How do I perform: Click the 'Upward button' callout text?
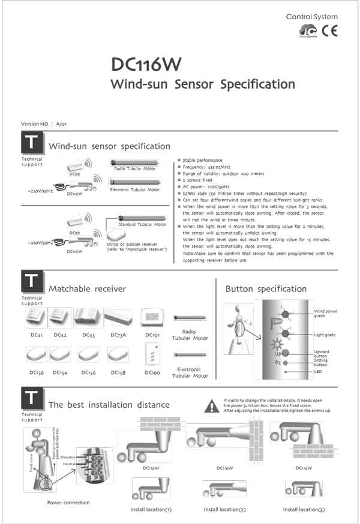pos(322,353)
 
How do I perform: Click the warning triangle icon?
pos(211,406)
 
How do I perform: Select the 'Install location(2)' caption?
pos(224,509)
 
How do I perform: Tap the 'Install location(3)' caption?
pos(304,509)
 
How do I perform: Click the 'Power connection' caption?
pos(68,502)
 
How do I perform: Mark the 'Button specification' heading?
pos(266,289)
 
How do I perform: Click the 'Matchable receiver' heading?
pos(87,289)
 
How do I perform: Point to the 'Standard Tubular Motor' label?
pos(142,225)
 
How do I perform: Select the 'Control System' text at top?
pos(311,17)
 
